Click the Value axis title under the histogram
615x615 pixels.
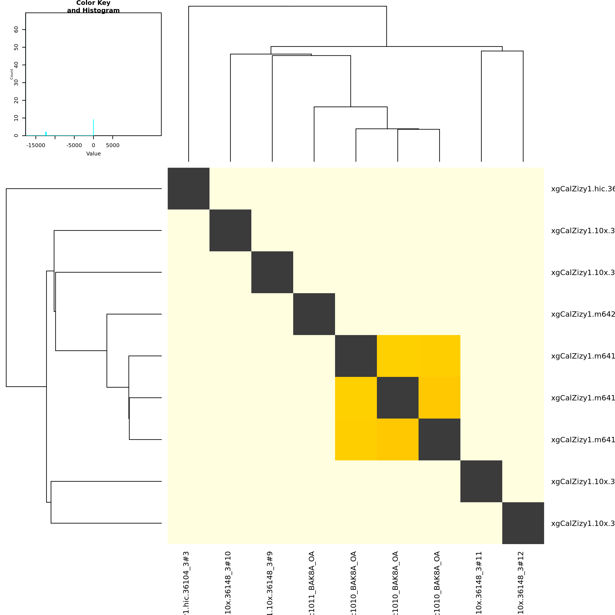(x=93, y=154)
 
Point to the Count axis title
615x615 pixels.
(x=12, y=74)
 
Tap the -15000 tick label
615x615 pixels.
(x=36, y=145)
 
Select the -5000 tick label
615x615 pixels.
(x=74, y=145)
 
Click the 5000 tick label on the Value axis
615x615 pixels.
(x=113, y=145)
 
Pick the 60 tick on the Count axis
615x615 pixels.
(x=16, y=30)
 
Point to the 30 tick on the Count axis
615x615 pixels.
(x=16, y=83)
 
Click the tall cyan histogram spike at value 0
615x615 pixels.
(x=94, y=127)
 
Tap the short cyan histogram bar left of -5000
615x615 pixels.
(x=46, y=134)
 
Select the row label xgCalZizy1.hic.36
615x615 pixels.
(x=583, y=189)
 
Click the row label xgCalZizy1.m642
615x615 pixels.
(x=583, y=314)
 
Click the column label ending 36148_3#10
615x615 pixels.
(x=228, y=583)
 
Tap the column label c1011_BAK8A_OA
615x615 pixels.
(x=312, y=583)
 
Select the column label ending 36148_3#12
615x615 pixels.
(x=521, y=583)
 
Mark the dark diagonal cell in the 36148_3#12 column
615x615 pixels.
(x=523, y=523)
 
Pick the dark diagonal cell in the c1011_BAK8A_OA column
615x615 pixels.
(x=314, y=314)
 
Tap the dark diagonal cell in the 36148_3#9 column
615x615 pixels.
(x=272, y=272)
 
